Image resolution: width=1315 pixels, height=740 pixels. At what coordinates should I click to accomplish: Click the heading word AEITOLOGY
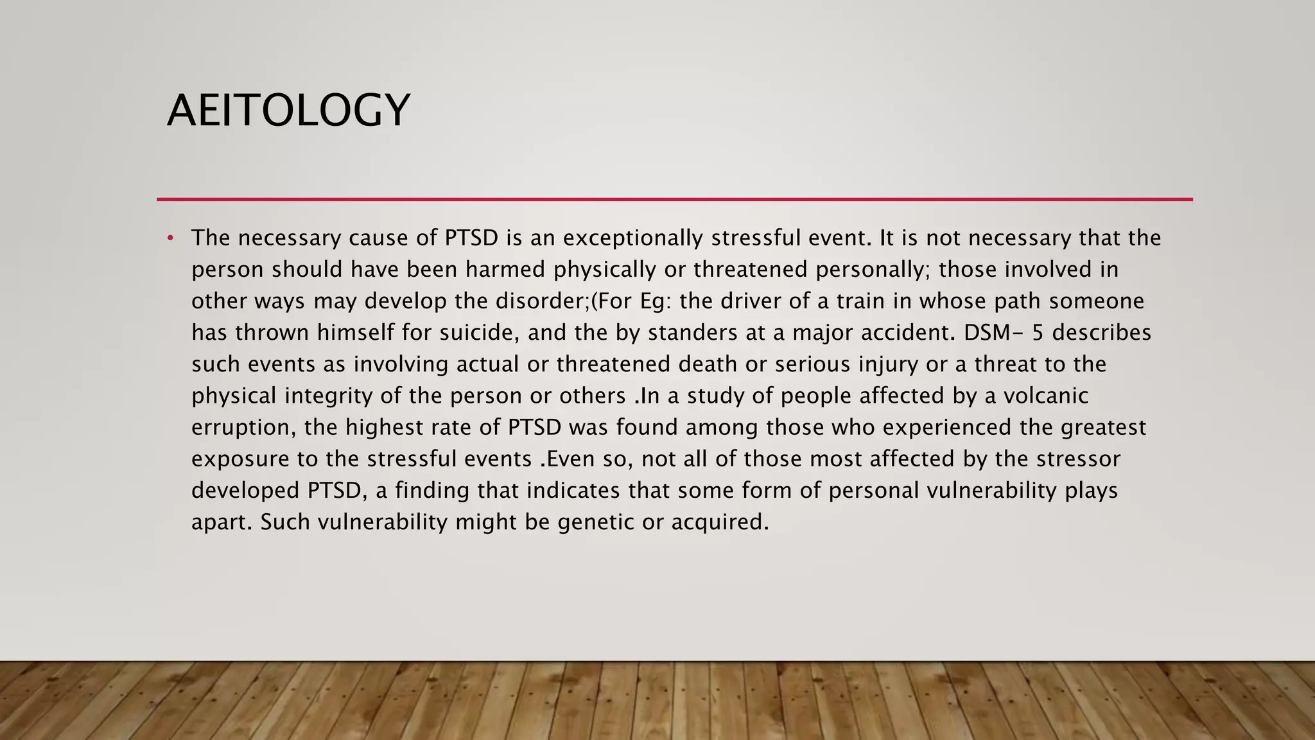288,110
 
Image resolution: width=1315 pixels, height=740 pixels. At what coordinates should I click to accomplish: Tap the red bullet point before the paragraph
170,239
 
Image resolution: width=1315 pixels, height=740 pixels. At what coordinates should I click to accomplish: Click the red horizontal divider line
674,199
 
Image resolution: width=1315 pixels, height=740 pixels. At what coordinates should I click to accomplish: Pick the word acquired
719,522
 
